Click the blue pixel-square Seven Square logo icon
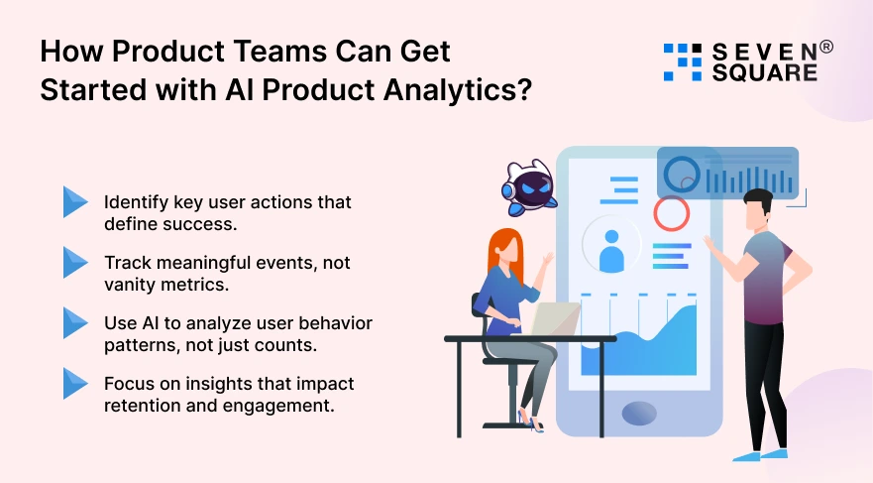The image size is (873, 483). (x=682, y=60)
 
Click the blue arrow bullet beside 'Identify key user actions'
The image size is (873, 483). (x=75, y=201)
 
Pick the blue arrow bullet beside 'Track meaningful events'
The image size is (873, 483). (x=75, y=262)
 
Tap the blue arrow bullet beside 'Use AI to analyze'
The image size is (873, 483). (x=75, y=323)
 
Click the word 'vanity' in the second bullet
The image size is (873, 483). (x=130, y=283)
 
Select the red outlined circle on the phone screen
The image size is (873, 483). (x=671, y=211)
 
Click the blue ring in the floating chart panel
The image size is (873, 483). (x=681, y=175)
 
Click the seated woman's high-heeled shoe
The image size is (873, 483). (x=532, y=423)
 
